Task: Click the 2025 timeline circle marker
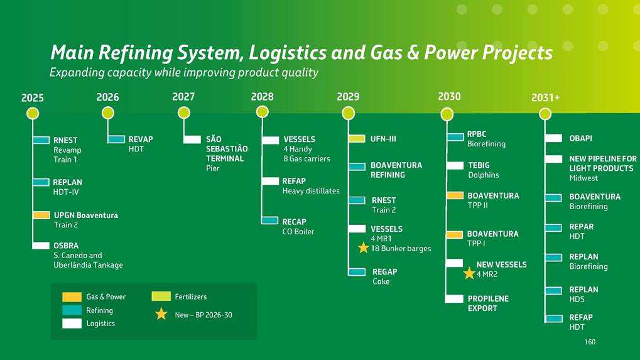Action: coord(33,113)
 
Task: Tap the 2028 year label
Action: coord(262,97)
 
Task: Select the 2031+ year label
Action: coord(545,97)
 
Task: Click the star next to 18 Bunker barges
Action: coord(363,248)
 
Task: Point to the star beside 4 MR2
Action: coord(469,273)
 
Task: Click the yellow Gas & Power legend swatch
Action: coord(72,297)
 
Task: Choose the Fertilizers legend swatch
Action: coord(161,297)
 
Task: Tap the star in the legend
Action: coord(161,314)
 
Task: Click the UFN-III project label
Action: coord(383,138)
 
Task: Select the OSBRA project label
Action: coord(66,245)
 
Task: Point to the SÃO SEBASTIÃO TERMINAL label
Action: coord(227,149)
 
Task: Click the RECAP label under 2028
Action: coord(295,222)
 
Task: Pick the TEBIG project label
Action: coord(479,165)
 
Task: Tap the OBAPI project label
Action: coord(580,138)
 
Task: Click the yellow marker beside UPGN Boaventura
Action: coord(41,215)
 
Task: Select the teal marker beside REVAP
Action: coord(116,139)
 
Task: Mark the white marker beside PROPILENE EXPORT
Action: coord(454,299)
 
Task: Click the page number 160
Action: coord(589,342)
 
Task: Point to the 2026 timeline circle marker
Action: coord(108,113)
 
